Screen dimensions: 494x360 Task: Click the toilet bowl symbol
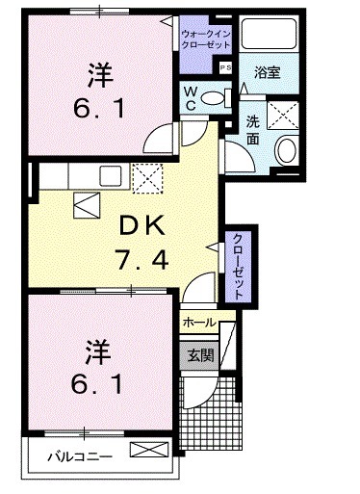[221, 96]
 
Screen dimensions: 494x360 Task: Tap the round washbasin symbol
[287, 152]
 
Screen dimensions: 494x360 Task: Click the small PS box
[225, 67]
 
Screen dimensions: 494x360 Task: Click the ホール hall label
[199, 323]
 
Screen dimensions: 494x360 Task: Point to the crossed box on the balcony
[146, 451]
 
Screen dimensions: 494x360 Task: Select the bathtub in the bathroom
[270, 35]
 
